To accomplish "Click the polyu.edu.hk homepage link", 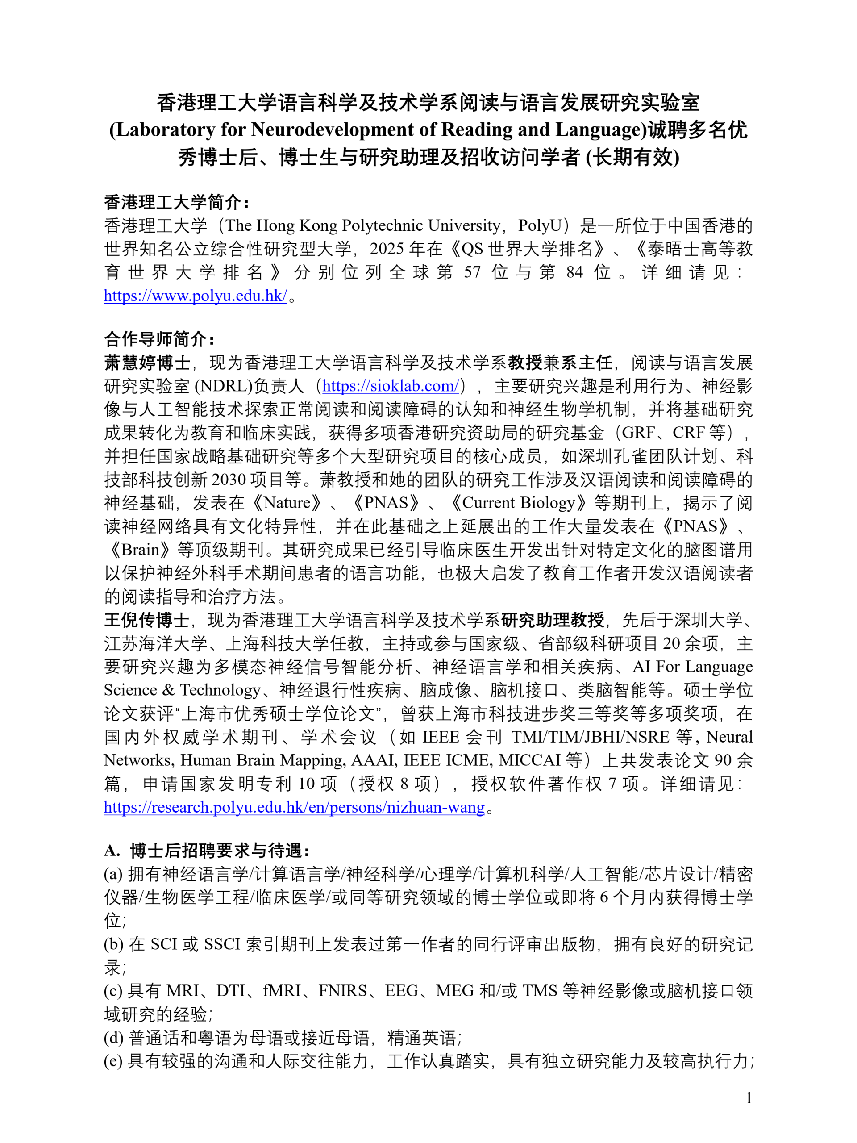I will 195,296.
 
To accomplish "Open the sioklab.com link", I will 391,385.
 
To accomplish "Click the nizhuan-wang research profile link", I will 294,807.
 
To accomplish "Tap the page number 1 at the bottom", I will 749,1097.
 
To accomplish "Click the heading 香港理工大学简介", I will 175,202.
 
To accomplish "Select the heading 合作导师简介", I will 158,339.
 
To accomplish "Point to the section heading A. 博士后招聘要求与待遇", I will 207,850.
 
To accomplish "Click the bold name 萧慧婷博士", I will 147,362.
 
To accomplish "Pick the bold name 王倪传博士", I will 147,620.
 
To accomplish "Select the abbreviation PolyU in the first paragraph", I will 539,225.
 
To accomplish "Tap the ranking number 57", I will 472,272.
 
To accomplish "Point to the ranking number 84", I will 574,272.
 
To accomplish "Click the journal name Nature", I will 287,503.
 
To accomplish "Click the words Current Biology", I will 519,503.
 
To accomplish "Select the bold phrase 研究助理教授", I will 552,620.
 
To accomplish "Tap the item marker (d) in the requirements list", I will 113,1038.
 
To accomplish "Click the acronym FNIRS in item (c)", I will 342,991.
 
